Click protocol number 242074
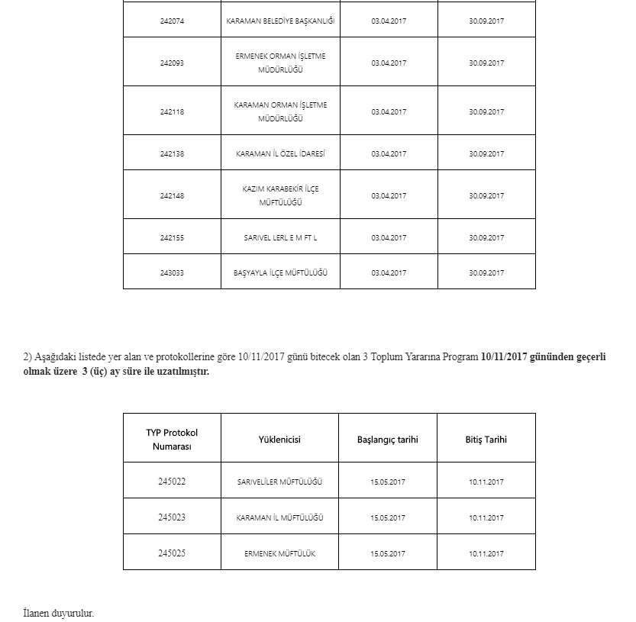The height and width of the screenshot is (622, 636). click(172, 21)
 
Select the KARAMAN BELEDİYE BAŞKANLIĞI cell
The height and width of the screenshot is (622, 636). click(280, 21)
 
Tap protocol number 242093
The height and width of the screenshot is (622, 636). click(172, 63)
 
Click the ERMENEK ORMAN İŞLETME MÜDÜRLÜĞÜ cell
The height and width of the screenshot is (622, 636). click(280, 63)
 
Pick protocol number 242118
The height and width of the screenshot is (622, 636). click(172, 111)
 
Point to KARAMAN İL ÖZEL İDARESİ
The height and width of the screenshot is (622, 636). click(280, 153)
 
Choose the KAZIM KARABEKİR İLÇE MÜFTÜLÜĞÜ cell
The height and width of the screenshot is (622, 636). click(280, 195)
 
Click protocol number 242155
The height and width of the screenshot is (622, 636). click(172, 237)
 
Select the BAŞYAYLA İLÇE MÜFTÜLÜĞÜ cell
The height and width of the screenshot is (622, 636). click(280, 272)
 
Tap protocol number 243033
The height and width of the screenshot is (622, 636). click(172, 272)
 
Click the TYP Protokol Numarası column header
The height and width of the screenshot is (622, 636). click(172, 440)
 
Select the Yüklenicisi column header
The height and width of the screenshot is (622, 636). click(279, 440)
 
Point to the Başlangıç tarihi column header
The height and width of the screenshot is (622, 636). click(388, 440)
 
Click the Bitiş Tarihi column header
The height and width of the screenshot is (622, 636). click(486, 440)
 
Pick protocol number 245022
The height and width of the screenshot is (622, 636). click(172, 482)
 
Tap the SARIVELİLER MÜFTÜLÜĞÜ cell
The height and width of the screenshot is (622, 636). click(280, 482)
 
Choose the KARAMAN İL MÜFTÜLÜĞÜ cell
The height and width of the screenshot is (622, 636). click(280, 517)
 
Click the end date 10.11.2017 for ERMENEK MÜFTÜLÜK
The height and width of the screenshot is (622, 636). click(486, 553)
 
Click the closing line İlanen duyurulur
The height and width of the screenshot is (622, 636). click(59, 613)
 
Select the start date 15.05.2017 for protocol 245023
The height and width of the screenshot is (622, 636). click(388, 517)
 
